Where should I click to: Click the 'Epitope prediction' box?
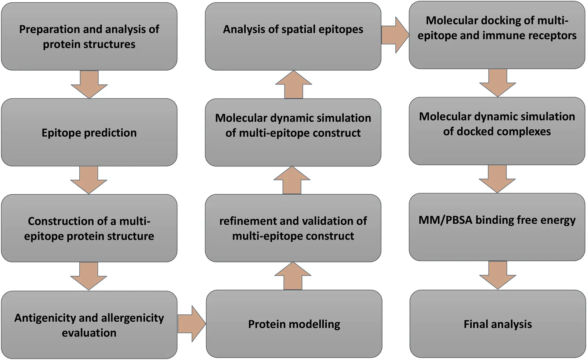point(89,132)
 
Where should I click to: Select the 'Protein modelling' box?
point(294,324)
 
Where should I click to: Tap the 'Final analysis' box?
point(497,324)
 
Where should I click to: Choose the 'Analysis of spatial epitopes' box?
point(293,36)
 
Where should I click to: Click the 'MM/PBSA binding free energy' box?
point(497,227)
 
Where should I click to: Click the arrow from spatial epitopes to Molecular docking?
point(395,35)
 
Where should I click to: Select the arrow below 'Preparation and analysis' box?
point(89,84)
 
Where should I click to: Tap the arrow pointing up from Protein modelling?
point(293,276)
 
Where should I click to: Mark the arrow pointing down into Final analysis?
point(497,275)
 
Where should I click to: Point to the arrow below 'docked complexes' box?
point(497,179)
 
